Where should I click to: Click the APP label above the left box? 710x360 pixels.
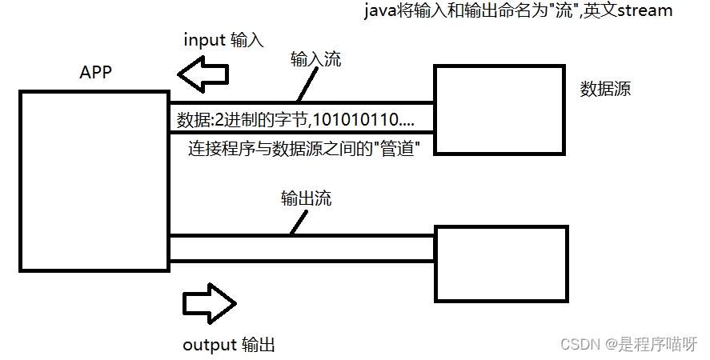(x=95, y=72)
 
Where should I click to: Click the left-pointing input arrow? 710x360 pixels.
(x=203, y=76)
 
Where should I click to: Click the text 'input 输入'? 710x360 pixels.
(x=223, y=39)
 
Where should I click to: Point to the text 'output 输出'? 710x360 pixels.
(x=229, y=346)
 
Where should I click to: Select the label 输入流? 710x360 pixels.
(x=315, y=58)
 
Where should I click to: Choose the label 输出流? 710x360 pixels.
(x=306, y=198)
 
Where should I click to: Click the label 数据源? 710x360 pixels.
(x=605, y=89)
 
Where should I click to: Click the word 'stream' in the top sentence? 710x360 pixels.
(x=645, y=11)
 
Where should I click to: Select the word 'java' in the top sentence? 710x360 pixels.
(x=380, y=11)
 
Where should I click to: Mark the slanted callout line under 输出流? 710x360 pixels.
(x=296, y=224)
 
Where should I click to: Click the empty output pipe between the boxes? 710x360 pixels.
(x=301, y=248)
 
